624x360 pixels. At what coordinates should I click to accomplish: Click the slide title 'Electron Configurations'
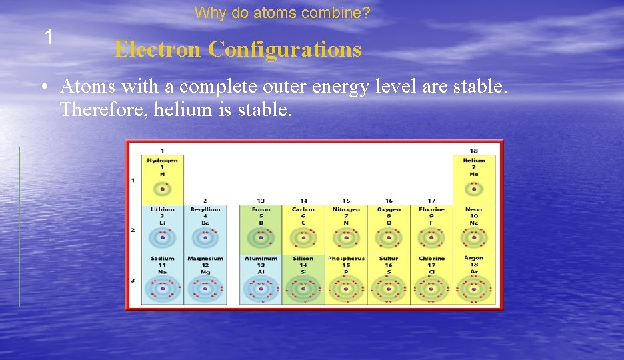[237, 49]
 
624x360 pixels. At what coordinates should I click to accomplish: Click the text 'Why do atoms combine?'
[282, 13]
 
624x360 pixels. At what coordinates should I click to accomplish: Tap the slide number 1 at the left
[49, 37]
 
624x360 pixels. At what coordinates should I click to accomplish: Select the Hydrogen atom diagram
[162, 189]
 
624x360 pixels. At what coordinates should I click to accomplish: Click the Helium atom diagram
[474, 189]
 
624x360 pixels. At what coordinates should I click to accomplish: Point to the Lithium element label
[162, 209]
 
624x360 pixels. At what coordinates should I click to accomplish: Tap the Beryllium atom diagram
[205, 237]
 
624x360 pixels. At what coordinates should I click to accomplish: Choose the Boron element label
[261, 209]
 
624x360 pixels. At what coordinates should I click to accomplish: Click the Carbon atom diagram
[303, 237]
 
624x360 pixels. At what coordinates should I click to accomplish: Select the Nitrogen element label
[346, 209]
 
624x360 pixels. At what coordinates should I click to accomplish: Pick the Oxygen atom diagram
[389, 237]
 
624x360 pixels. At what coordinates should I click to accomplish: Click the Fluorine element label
[431, 209]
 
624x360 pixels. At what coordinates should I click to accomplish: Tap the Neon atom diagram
[474, 237]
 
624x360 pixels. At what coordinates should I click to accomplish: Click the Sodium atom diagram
[162, 289]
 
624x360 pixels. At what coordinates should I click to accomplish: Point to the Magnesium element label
[205, 259]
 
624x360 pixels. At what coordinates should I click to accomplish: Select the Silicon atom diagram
[303, 289]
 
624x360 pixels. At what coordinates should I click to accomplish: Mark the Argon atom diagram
[474, 289]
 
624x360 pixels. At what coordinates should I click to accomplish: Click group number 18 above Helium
[474, 151]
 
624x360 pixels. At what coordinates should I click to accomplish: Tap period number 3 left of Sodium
[133, 280]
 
